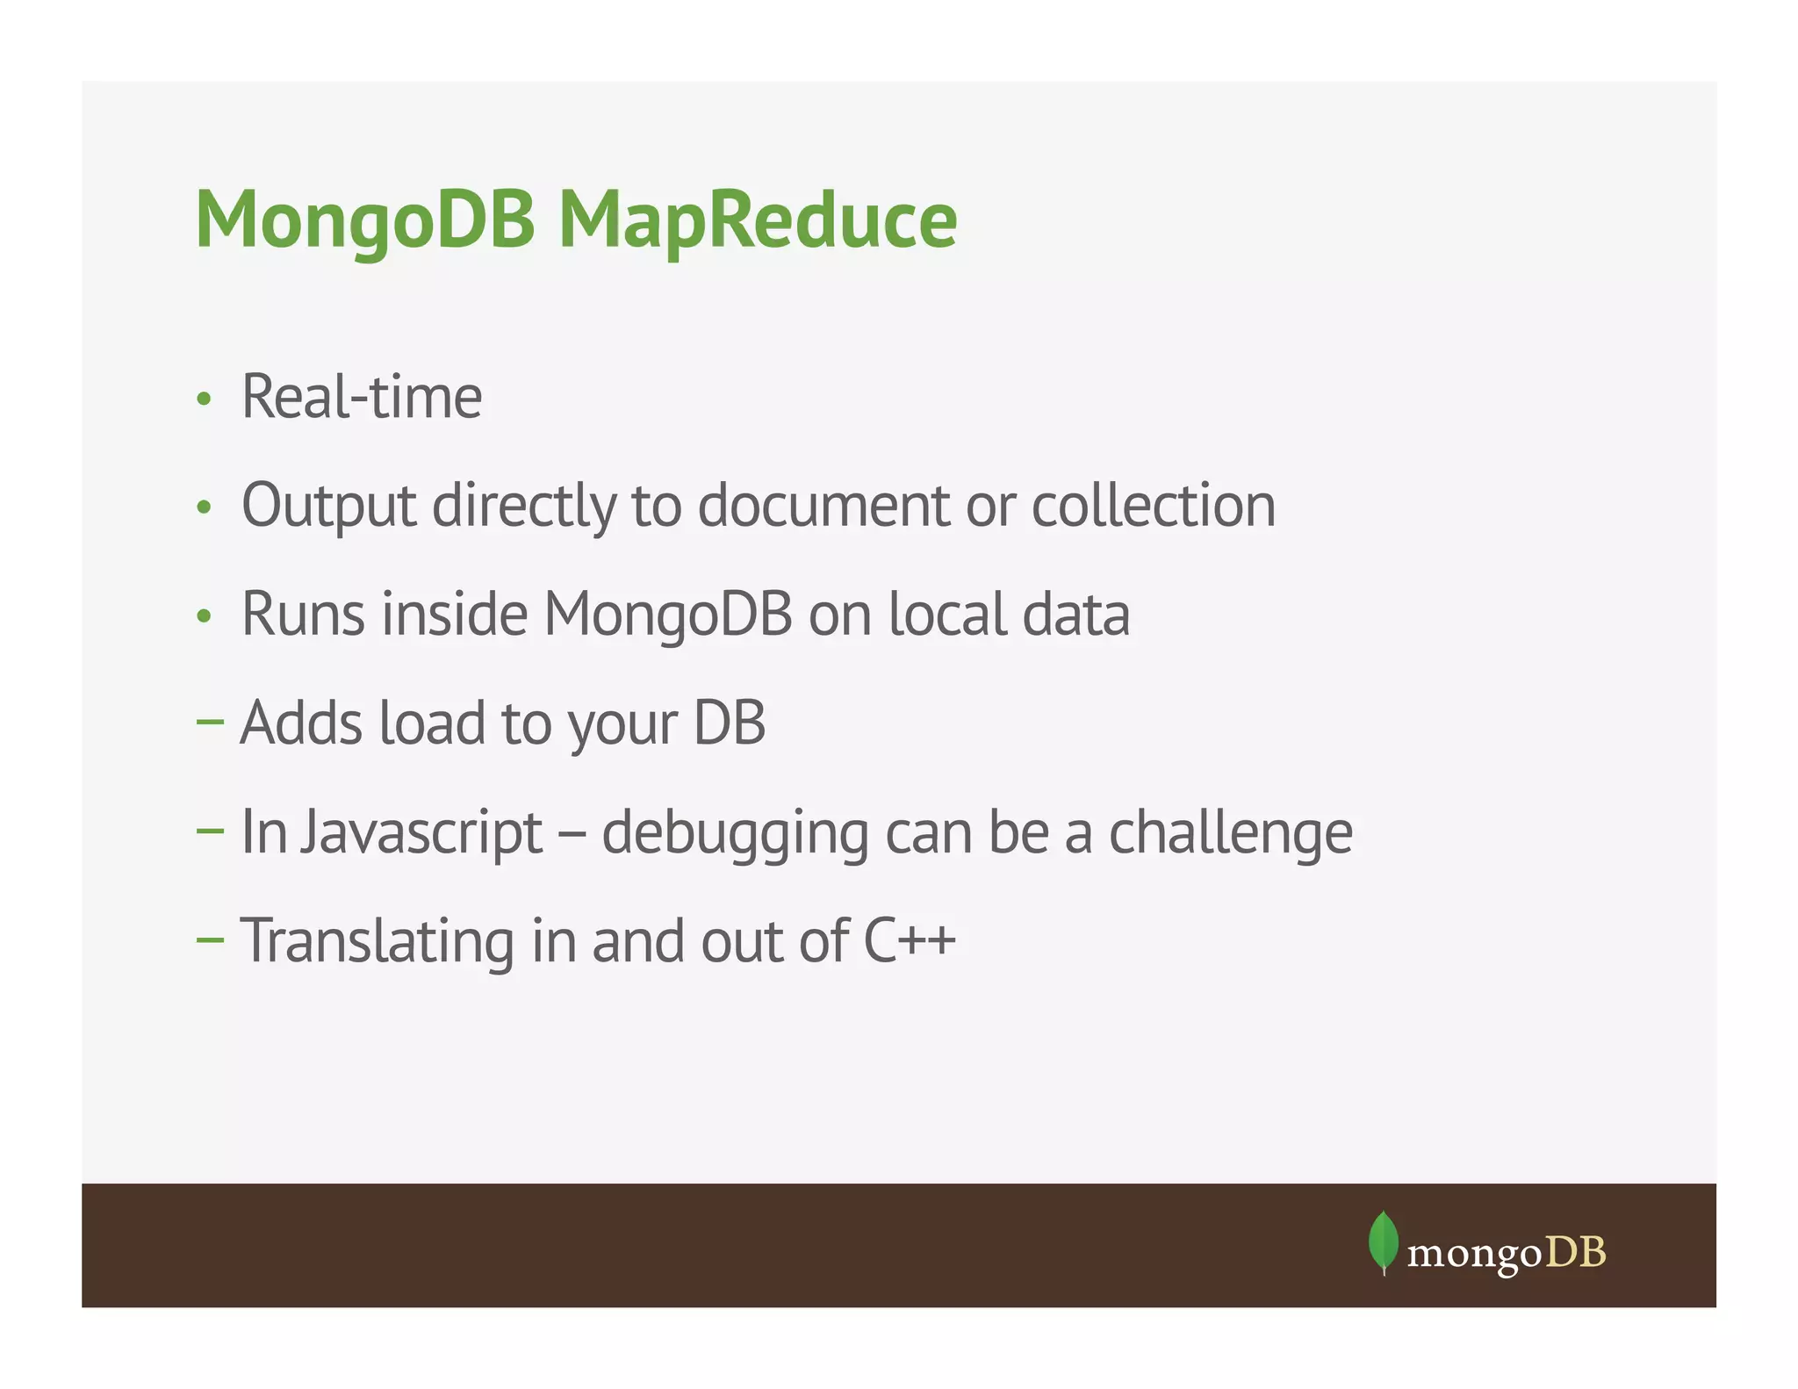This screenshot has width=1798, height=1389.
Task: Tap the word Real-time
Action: coord(362,397)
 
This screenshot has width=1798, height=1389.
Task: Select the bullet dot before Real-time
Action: coord(205,399)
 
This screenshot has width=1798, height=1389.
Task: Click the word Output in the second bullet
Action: coord(329,506)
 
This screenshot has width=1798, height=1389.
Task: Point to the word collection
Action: coord(1153,506)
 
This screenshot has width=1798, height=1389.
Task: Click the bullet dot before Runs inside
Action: coord(205,616)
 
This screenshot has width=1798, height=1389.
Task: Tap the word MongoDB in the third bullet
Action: coord(668,614)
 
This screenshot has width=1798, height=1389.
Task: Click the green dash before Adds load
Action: coord(211,722)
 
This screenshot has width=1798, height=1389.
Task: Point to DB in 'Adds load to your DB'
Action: coord(730,723)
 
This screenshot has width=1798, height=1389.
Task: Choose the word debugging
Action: coord(735,832)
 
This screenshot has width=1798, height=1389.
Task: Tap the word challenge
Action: coord(1231,832)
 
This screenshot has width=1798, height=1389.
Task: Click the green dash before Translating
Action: coord(211,939)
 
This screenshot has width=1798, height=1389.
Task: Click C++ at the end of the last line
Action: coord(910,940)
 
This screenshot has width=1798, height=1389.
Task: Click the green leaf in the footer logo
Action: coord(1384,1241)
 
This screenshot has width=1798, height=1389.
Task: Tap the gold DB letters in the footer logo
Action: coord(1576,1252)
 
